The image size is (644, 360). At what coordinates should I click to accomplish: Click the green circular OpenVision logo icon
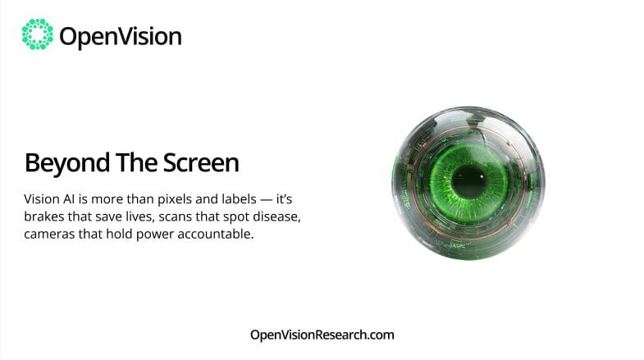pyautogui.click(x=37, y=34)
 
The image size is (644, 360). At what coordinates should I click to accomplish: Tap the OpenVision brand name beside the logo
pyautogui.click(x=120, y=36)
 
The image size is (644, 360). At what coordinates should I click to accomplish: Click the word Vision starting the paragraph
pyautogui.click(x=43, y=199)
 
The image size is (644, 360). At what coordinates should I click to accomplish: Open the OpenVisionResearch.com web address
pyautogui.click(x=322, y=335)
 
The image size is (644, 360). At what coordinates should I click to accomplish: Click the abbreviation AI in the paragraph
pyautogui.click(x=75, y=199)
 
